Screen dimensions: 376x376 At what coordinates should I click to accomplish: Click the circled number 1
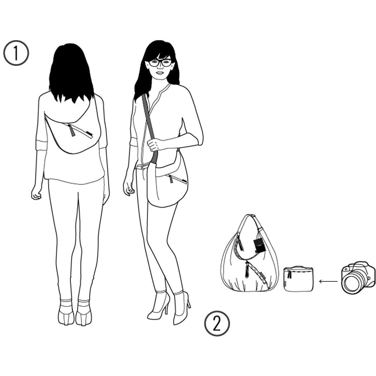click(16, 53)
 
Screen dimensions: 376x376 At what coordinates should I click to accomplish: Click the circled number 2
click(217, 323)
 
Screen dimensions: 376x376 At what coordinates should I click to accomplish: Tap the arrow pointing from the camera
click(328, 281)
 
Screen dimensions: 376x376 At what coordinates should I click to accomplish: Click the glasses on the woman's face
click(160, 63)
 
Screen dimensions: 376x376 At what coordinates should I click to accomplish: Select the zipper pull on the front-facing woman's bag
click(171, 179)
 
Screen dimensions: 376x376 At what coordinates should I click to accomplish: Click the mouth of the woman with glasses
click(160, 73)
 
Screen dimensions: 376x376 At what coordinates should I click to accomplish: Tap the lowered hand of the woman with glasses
click(128, 188)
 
